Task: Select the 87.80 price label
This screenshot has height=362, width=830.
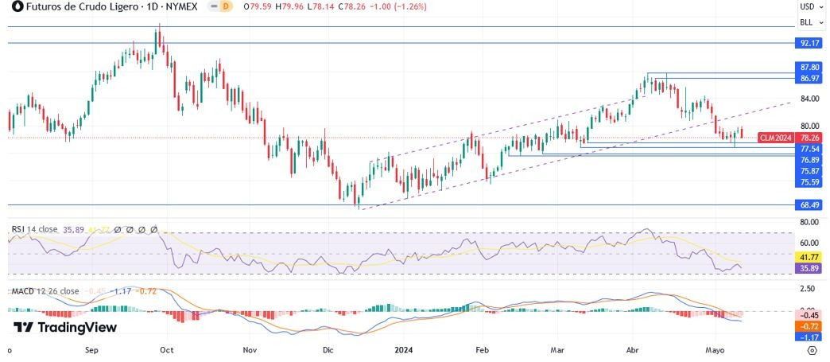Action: coord(809,68)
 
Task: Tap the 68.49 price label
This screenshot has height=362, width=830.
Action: coord(809,204)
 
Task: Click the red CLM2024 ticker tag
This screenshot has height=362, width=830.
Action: coord(775,138)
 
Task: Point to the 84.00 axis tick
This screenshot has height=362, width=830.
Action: coord(809,99)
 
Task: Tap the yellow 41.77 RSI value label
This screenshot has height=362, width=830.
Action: coord(809,259)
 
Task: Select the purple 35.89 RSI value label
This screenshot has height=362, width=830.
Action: coord(809,269)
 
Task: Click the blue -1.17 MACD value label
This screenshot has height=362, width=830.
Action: coord(809,337)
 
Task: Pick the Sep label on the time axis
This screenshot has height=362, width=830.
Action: coord(91,349)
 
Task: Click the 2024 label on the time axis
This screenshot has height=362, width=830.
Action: coord(405,349)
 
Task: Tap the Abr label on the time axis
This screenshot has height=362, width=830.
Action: coord(633,349)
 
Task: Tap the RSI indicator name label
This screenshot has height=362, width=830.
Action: coord(18,229)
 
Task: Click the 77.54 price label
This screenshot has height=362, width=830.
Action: coord(809,149)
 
